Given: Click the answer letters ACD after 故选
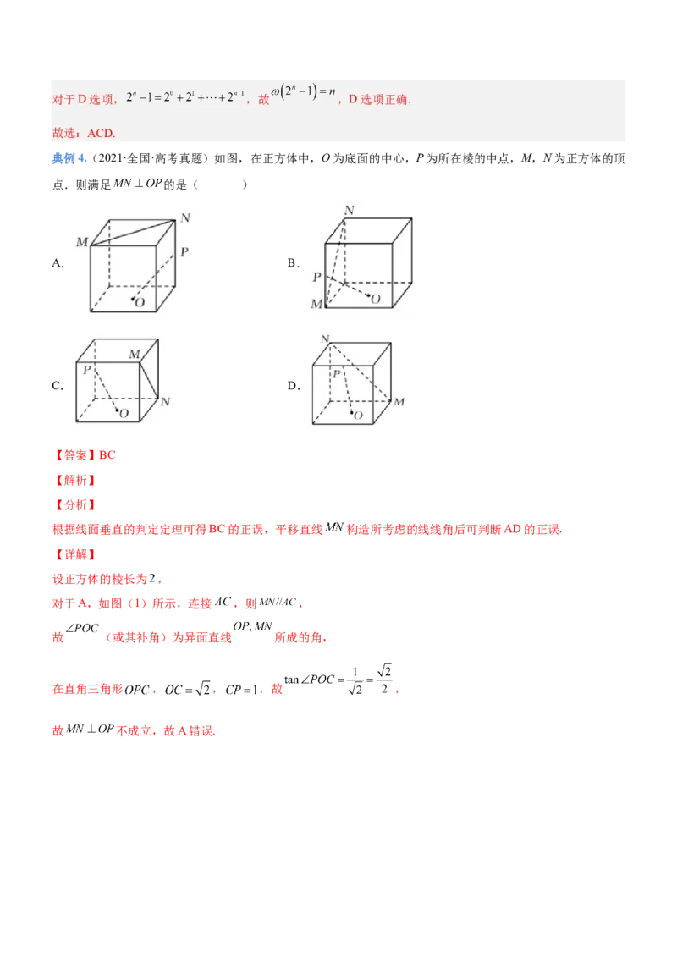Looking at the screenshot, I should pyautogui.click(x=101, y=133).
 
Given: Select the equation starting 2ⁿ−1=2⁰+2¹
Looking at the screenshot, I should pyautogui.click(x=185, y=98).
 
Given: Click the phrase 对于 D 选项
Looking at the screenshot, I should pyautogui.click(x=83, y=99).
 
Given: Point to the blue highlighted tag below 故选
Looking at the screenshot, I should pyautogui.click(x=65, y=158).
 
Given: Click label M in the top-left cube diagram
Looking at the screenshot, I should pyautogui.click(x=82, y=243).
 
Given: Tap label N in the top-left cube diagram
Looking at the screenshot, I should pyautogui.click(x=184, y=218).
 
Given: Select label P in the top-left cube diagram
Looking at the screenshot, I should pyautogui.click(x=184, y=252).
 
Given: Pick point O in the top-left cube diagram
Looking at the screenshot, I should pyautogui.click(x=139, y=301).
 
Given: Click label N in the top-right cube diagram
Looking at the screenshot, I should pyautogui.click(x=349, y=210).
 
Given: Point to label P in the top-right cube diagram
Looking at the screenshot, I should pyautogui.click(x=316, y=277).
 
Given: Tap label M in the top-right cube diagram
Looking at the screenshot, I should pyautogui.click(x=316, y=304).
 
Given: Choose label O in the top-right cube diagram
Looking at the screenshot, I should pyautogui.click(x=375, y=299).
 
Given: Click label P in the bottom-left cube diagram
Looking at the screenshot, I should pyautogui.click(x=86, y=370).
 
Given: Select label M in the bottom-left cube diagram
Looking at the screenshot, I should pyautogui.click(x=134, y=354).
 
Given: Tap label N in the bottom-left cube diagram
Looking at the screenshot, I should pyautogui.click(x=165, y=402).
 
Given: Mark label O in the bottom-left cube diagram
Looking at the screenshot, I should pyautogui.click(x=124, y=413).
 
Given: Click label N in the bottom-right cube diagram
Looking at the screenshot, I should pyautogui.click(x=325, y=339).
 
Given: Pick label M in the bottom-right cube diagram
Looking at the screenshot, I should pyautogui.click(x=399, y=401).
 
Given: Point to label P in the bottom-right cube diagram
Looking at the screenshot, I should pyautogui.click(x=336, y=373).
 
